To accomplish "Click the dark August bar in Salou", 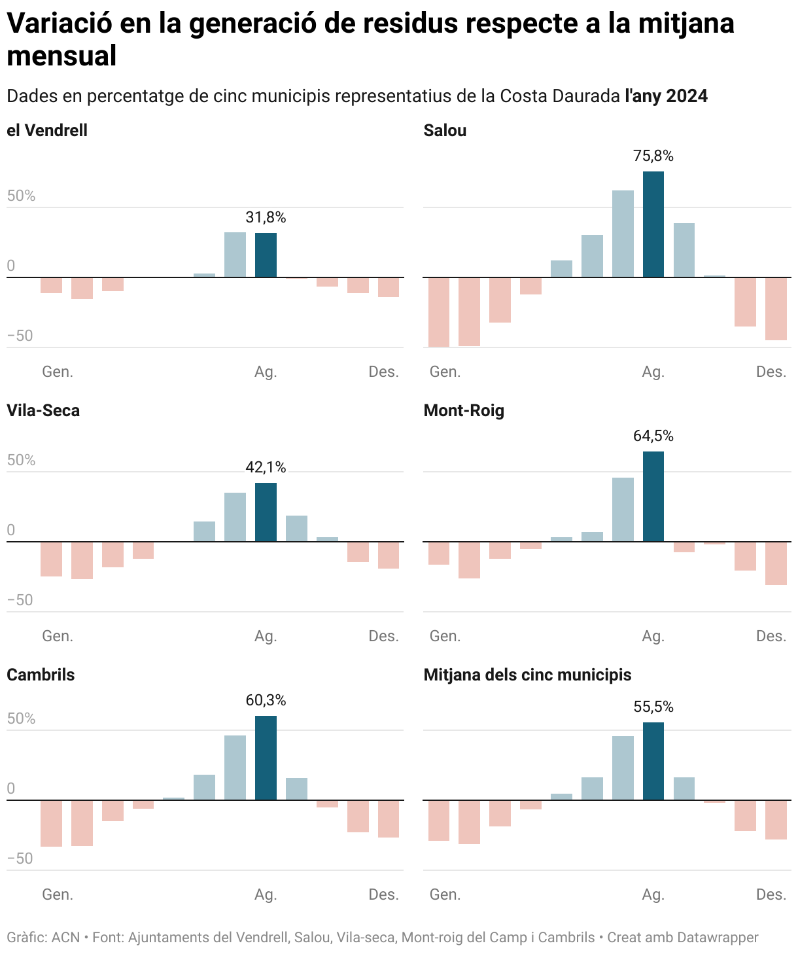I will (653, 224).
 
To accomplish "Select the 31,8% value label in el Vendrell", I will (266, 217).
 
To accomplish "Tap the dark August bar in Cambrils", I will (266, 758).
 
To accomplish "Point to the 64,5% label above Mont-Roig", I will (653, 436).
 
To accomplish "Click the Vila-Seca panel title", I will (43, 411).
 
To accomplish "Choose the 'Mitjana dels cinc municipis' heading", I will (527, 675).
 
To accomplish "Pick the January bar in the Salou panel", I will (439, 312).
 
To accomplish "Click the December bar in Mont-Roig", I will (776, 563).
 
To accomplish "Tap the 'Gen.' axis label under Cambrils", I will (58, 894).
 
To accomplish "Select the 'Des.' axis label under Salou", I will (771, 372).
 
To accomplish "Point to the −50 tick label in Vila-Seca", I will (20, 600).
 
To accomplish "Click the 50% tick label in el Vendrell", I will (21, 196).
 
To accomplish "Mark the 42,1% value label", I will (266, 467).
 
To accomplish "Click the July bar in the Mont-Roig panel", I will (623, 510).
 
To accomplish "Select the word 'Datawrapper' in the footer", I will (718, 938).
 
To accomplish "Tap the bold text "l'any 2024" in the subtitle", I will (666, 96).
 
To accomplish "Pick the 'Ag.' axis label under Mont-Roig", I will (653, 636).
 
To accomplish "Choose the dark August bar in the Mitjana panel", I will (653, 761).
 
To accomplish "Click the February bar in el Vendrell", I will (82, 289).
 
